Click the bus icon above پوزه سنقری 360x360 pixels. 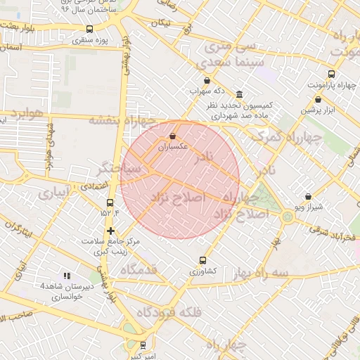[89, 29]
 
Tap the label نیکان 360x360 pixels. [161, 23]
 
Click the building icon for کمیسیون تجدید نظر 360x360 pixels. [240, 95]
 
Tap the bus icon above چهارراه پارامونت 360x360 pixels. [331, 74]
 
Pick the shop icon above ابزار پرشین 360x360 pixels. [318, 99]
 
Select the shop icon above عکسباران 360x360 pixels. [173, 136]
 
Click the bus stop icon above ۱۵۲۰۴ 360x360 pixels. [109, 202]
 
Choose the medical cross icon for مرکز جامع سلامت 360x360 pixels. [110, 231]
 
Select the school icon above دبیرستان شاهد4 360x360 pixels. [67, 276]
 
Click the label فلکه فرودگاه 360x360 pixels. [168, 312]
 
